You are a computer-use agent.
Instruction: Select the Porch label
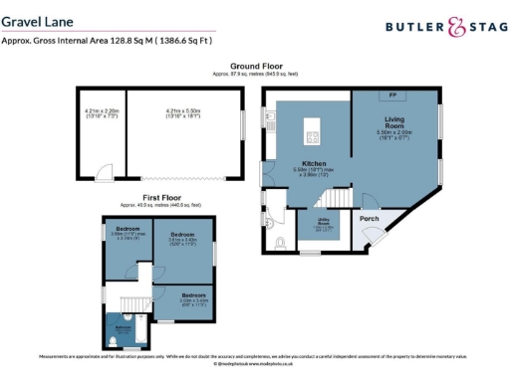click(369, 219)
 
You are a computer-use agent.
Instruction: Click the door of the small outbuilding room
click(104, 177)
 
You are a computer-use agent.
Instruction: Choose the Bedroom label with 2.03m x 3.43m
click(192, 295)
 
